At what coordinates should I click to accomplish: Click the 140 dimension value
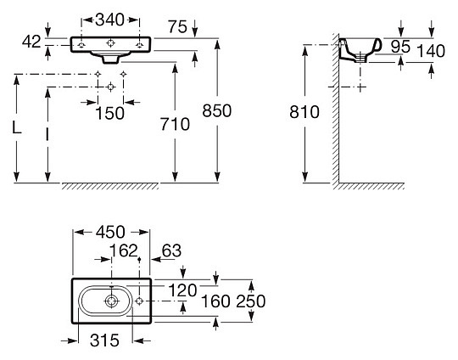click(x=433, y=51)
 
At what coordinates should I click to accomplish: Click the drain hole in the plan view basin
click(x=112, y=301)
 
